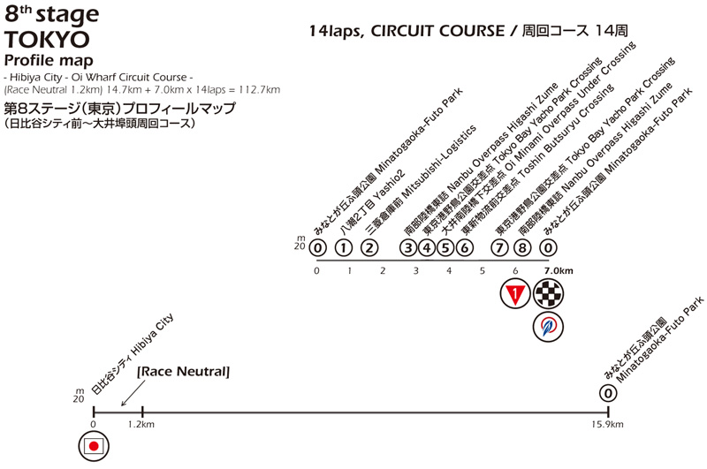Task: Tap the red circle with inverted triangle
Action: click(x=514, y=293)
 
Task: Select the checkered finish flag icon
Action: click(x=549, y=293)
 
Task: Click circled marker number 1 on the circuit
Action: click(x=345, y=248)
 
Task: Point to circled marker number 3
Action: click(x=408, y=248)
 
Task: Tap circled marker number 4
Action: click(x=427, y=248)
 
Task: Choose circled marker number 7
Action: click(x=501, y=248)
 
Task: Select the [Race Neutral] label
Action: click(x=183, y=373)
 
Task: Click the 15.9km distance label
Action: click(x=608, y=424)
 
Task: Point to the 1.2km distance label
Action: click(x=142, y=424)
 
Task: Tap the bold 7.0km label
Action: click(x=559, y=270)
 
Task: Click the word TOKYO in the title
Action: click(x=47, y=40)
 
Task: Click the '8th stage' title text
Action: click(x=51, y=15)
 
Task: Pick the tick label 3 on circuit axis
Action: click(x=415, y=270)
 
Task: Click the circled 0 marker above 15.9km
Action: click(x=608, y=394)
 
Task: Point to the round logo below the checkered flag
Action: click(x=549, y=327)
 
